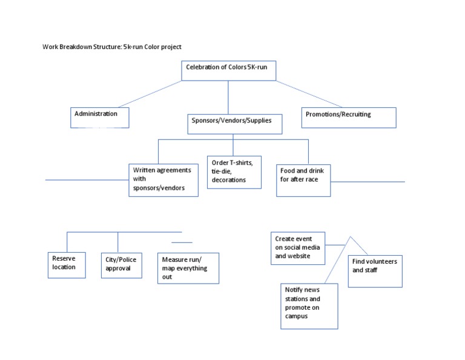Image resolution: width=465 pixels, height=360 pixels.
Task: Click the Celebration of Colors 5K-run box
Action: tap(229, 70)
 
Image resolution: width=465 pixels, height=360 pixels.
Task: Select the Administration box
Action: tap(99, 118)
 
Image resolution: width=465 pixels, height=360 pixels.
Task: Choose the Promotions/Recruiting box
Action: tap(349, 118)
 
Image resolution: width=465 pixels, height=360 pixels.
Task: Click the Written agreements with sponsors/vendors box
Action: tap(163, 179)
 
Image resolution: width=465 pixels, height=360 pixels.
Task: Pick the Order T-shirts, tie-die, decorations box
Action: tap(234, 172)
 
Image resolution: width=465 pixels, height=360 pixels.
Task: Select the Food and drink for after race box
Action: tap(303, 180)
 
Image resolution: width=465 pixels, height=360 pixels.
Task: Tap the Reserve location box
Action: tap(67, 265)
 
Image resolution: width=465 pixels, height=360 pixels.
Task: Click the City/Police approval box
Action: tap(122, 265)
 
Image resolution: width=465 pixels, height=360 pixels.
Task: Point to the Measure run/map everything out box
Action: tap(188, 268)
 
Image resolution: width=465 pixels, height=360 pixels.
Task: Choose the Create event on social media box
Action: tap(298, 248)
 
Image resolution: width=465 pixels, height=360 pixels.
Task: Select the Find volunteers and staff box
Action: tap(375, 271)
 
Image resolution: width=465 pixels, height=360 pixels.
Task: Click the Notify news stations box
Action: tap(309, 306)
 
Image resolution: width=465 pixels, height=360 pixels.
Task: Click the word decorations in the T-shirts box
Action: tap(229, 180)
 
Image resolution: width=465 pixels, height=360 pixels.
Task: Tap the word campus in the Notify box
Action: tap(297, 316)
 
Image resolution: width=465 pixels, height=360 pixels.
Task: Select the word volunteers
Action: tap(383, 261)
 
